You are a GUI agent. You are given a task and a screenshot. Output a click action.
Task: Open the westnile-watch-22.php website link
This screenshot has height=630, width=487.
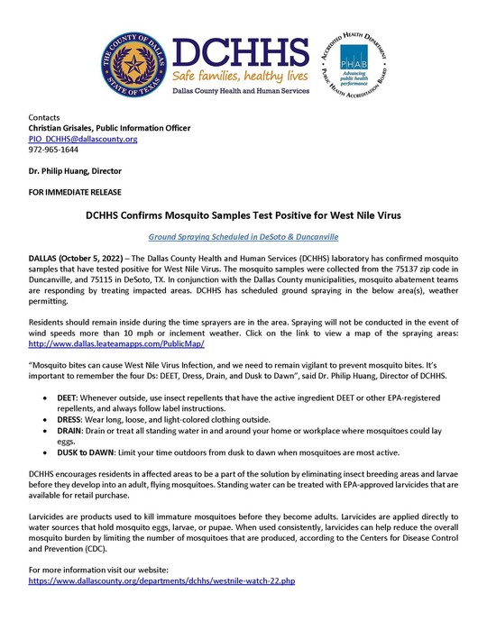point(162,581)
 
